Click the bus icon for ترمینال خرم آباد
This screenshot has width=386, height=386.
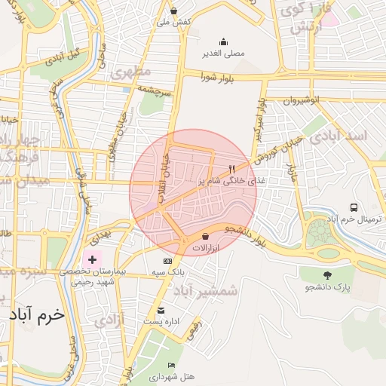(x=354, y=207)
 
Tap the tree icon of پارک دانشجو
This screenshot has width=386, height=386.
(x=326, y=276)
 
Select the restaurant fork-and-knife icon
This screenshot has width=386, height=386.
(x=232, y=170)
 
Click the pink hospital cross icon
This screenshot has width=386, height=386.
(x=93, y=259)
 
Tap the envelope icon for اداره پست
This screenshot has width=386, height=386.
(x=161, y=311)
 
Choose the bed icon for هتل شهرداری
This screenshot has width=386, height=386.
(x=172, y=366)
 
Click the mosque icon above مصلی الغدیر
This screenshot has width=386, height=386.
(x=222, y=42)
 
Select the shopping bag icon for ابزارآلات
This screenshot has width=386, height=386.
(x=205, y=237)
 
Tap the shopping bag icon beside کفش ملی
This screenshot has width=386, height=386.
(x=174, y=11)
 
